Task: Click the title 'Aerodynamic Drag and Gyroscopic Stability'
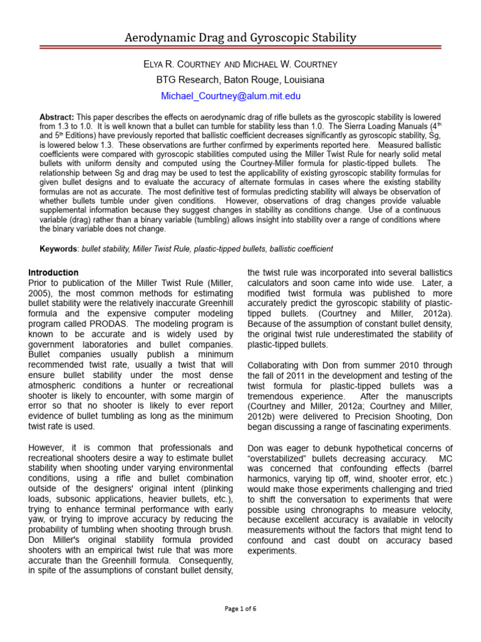click(x=240, y=38)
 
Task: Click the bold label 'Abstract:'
click(x=57, y=117)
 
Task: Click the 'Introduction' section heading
click(x=54, y=273)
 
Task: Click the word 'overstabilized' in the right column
click(x=279, y=458)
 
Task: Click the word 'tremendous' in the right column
click(x=281, y=397)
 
